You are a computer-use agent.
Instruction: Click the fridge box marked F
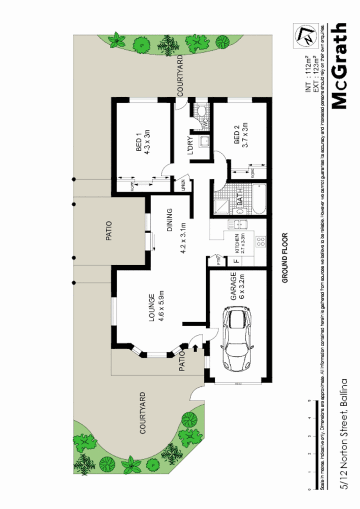(x=235, y=262)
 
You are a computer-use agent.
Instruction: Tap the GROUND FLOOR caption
(x=285, y=258)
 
